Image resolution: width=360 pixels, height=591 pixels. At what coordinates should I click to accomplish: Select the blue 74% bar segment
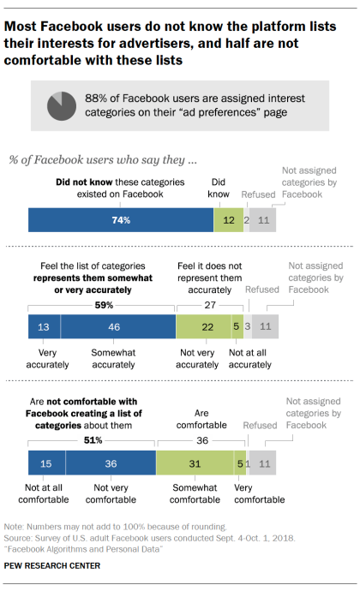121,220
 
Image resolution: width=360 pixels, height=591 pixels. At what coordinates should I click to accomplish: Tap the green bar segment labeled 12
227,220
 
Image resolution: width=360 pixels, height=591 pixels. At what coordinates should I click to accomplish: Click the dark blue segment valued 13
44,326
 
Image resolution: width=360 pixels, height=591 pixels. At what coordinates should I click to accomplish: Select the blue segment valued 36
110,463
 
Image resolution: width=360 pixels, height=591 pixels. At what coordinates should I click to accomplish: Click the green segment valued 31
199,463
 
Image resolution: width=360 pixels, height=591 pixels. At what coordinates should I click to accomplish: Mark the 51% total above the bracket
93,440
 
